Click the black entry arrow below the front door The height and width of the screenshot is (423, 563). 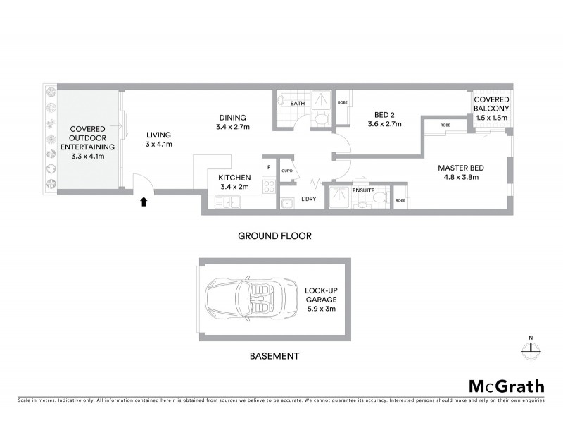(144, 202)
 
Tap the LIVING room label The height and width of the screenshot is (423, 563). (159, 135)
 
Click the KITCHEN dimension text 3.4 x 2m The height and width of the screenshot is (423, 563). (235, 188)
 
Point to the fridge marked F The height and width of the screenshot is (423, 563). (269, 167)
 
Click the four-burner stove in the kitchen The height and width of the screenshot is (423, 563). (268, 187)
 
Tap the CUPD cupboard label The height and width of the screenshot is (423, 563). (286, 171)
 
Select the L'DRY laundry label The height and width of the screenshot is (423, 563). (308, 200)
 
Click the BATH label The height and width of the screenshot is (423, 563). (298, 103)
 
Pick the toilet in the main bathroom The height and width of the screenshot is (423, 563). (320, 120)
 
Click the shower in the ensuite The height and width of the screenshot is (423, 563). (341, 197)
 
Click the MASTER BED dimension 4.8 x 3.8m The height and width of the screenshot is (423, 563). (458, 177)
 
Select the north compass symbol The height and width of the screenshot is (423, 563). (530, 348)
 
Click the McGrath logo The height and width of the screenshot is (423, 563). (506, 386)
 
